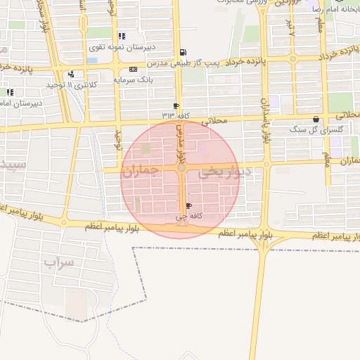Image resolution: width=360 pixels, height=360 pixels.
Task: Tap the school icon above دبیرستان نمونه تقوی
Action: click(x=122, y=36)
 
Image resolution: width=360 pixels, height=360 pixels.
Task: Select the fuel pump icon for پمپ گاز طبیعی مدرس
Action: click(x=184, y=51)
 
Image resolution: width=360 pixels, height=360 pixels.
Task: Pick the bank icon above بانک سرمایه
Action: click(x=133, y=69)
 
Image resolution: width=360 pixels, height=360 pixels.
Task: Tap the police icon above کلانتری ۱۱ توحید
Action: click(x=71, y=75)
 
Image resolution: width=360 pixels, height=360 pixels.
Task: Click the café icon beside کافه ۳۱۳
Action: click(x=176, y=105)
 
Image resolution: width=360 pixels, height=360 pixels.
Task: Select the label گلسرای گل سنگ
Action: click(x=316, y=131)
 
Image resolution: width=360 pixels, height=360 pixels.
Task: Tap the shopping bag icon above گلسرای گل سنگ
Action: click(x=316, y=120)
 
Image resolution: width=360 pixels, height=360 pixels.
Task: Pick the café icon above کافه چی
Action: click(x=188, y=206)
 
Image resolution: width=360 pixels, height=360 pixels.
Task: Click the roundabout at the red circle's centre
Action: click(x=181, y=168)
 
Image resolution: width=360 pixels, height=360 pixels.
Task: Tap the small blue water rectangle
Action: click(x=92, y=60)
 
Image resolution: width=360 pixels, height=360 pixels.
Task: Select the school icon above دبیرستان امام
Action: click(x=10, y=91)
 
